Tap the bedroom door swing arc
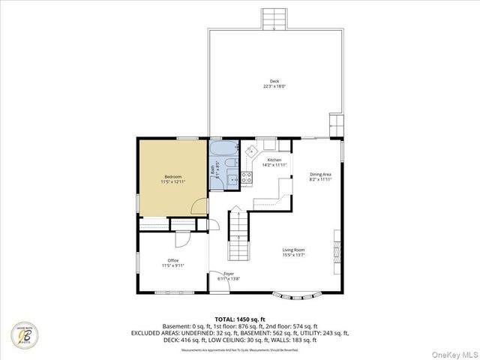point(199,206)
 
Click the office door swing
point(183,239)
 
